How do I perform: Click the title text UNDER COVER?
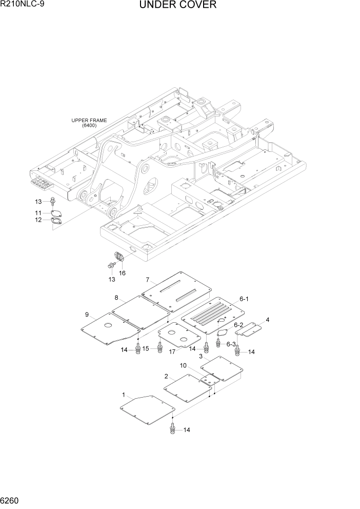click(x=177, y=6)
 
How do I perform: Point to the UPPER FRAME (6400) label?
click(x=89, y=123)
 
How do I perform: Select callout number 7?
click(x=147, y=280)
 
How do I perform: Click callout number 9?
click(x=87, y=314)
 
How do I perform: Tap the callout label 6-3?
click(x=231, y=344)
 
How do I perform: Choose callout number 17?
click(x=172, y=351)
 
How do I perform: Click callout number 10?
click(x=183, y=365)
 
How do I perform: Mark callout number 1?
click(x=124, y=395)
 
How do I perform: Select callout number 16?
click(x=122, y=273)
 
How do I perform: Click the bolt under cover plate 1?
click(x=172, y=429)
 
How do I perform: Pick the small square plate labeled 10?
click(x=207, y=380)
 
